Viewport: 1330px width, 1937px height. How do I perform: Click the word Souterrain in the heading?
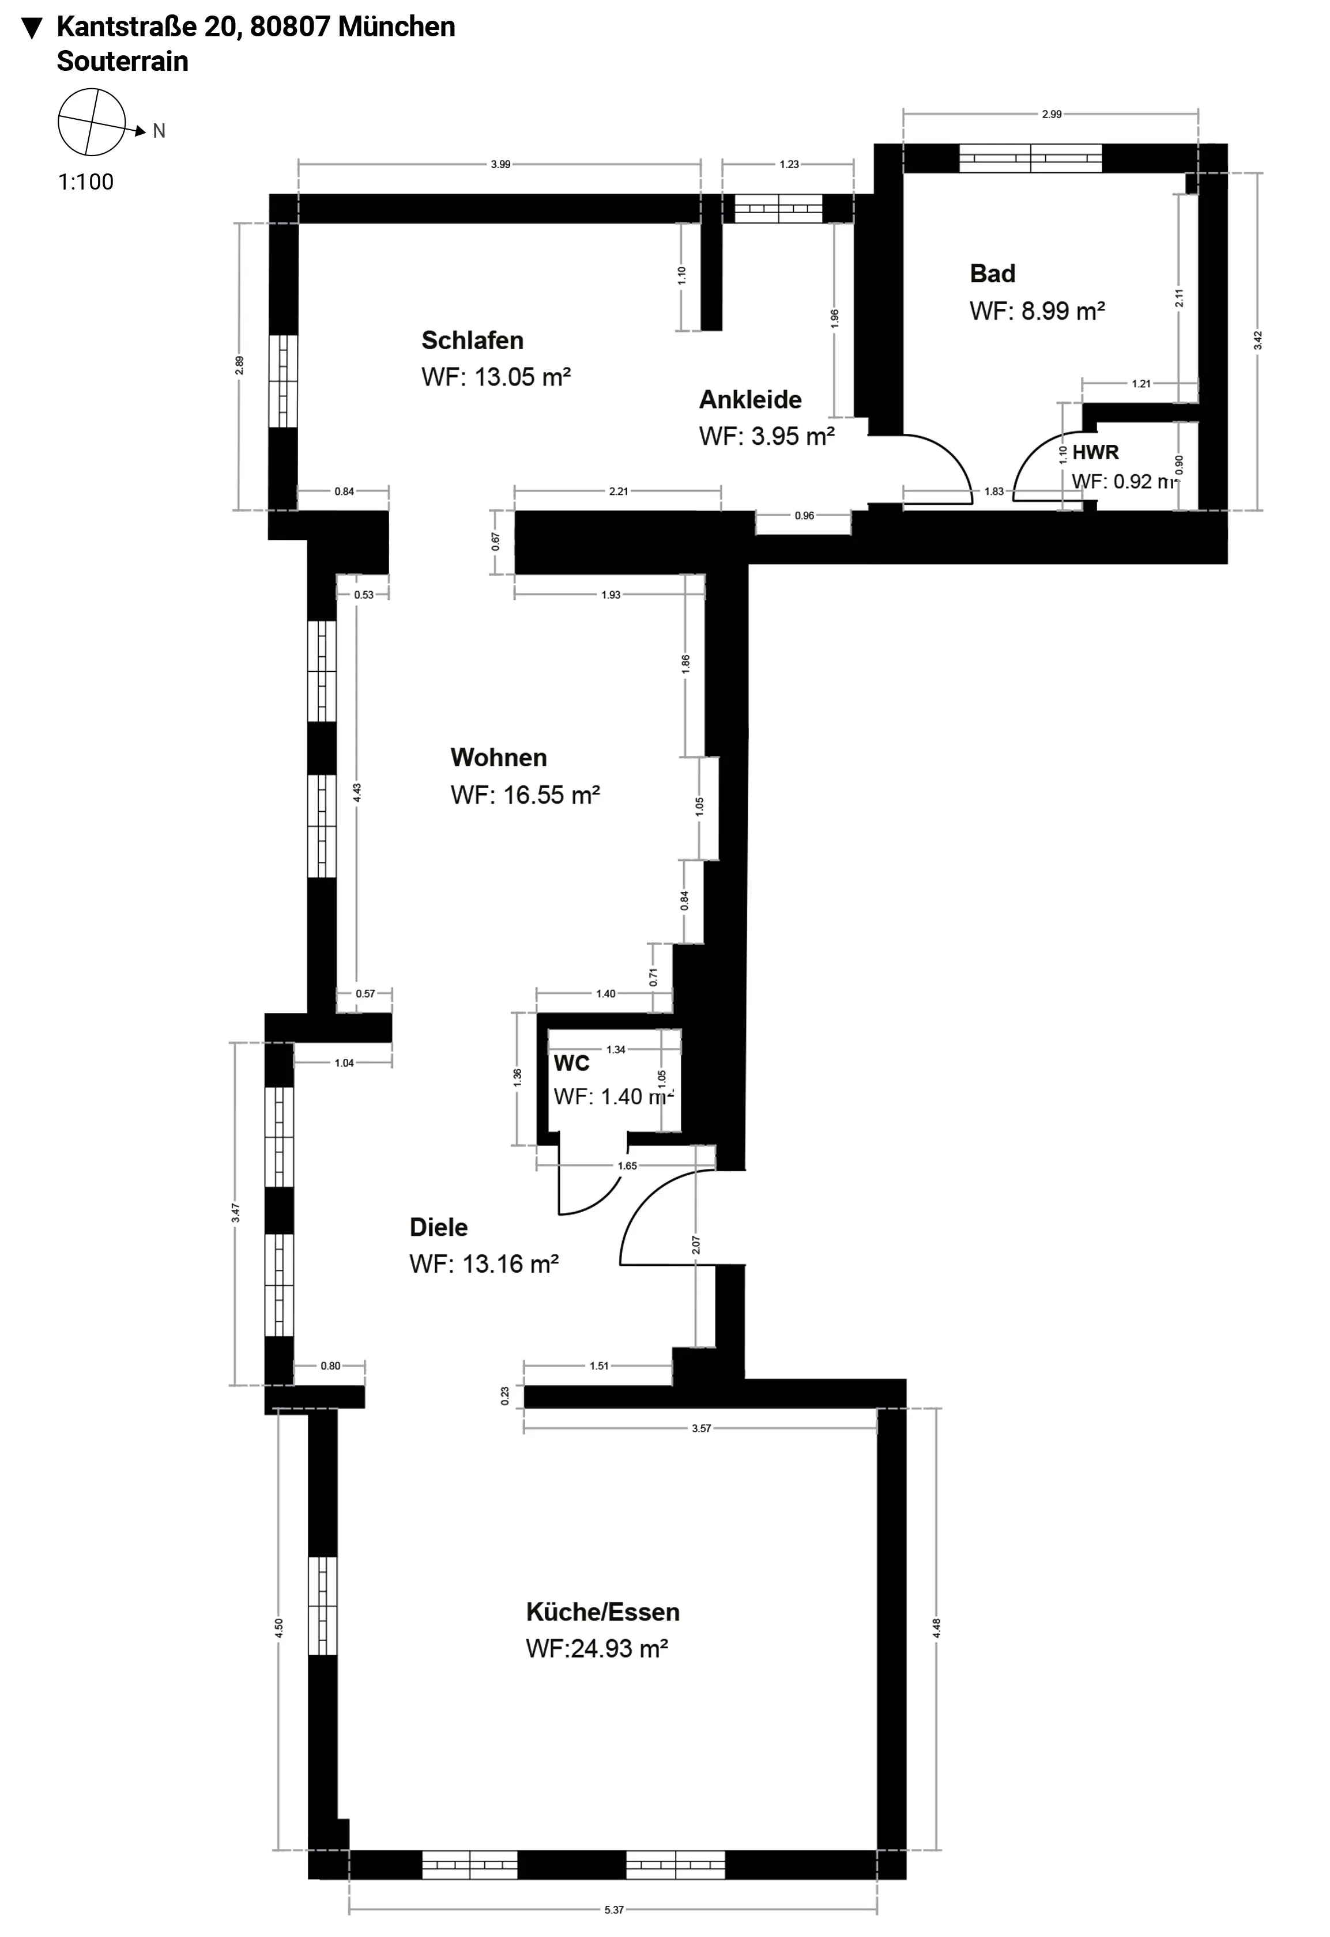pyautogui.click(x=123, y=62)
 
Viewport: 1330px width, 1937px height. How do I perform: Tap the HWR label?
pyautogui.click(x=1095, y=453)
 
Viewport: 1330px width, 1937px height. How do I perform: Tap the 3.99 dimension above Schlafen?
pyautogui.click(x=500, y=164)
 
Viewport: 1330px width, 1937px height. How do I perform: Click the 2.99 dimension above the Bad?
pyautogui.click(x=1052, y=114)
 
